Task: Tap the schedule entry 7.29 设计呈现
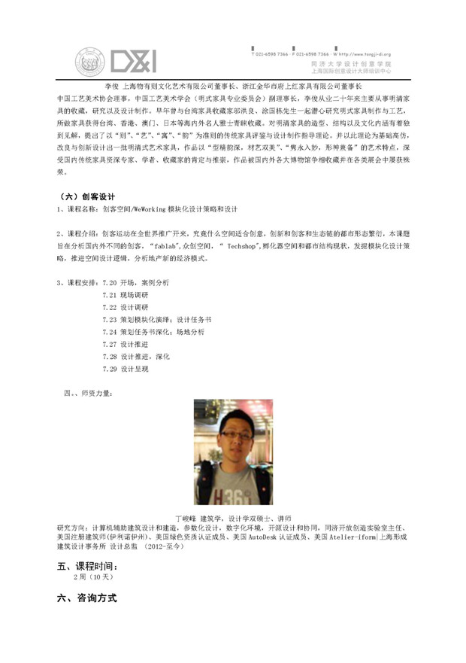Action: [125, 369]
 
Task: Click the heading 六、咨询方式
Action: [86, 598]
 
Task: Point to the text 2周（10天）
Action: [92, 578]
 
